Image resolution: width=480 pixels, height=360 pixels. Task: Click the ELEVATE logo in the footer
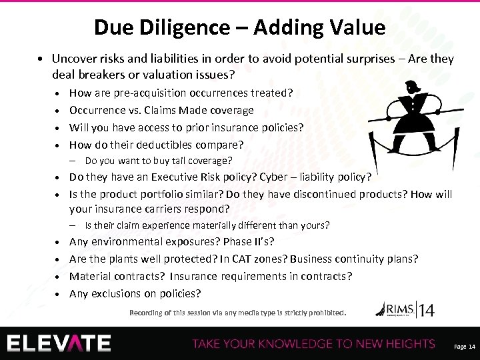click(x=60, y=343)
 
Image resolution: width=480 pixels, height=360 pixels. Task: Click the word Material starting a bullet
click(x=91, y=275)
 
